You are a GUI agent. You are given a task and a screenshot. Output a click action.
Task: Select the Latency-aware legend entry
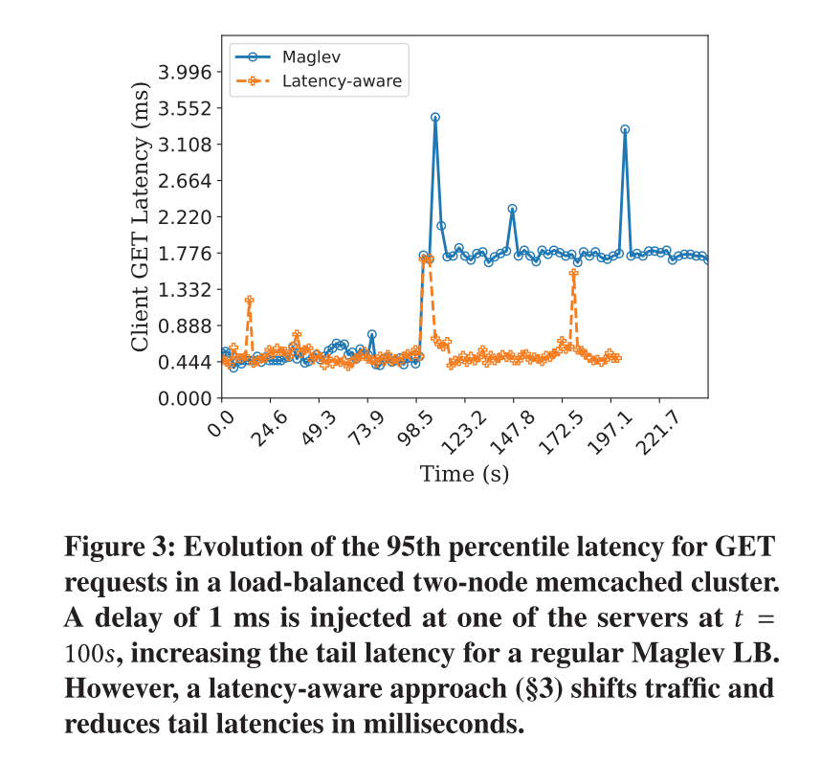pyautogui.click(x=342, y=82)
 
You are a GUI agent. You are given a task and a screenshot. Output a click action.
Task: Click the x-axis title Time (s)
pyautogui.click(x=464, y=473)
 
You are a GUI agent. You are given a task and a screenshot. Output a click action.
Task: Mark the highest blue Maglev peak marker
pyautogui.click(x=435, y=118)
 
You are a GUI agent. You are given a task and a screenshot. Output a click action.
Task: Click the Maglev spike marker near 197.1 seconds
pyautogui.click(x=625, y=129)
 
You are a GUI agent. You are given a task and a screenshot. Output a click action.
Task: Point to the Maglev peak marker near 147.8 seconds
pyautogui.click(x=513, y=209)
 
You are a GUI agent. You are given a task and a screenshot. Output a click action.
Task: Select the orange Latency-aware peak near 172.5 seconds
pyautogui.click(x=574, y=274)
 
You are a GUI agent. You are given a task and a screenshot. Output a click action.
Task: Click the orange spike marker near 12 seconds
pyautogui.click(x=250, y=301)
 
